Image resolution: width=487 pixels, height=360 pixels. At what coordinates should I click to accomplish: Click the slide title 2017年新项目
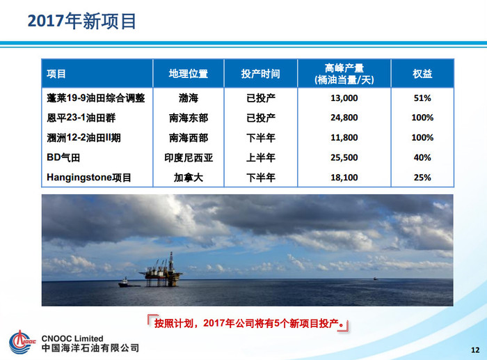point(81,21)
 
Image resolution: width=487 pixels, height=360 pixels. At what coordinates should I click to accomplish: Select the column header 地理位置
point(189,74)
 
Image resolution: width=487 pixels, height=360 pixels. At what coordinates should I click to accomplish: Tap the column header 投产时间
point(261,74)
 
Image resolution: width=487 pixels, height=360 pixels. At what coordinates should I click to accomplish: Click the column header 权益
point(422,74)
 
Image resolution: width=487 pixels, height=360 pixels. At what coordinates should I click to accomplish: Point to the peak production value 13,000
point(344,98)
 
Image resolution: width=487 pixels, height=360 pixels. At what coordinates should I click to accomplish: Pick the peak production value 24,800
point(344,118)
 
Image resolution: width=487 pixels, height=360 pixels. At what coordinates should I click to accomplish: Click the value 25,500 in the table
point(344,157)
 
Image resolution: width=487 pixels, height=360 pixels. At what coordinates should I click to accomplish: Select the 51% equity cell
point(422,98)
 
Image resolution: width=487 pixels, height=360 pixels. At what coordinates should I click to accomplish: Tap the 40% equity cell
point(422,157)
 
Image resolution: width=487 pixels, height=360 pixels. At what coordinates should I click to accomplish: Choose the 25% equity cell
point(422,178)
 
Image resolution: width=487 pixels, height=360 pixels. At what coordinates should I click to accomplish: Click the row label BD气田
point(63,157)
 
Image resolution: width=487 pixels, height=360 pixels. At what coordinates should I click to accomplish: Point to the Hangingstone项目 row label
point(89,178)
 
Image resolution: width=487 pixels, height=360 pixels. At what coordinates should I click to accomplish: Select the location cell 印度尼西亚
point(189,157)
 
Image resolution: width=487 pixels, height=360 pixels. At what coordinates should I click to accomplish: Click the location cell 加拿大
point(189,178)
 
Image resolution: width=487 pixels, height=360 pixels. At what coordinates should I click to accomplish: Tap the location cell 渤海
point(189,98)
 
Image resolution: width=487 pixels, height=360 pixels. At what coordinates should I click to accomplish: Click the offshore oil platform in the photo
point(162,271)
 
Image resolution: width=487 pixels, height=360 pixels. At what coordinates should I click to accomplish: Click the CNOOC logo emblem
point(22,342)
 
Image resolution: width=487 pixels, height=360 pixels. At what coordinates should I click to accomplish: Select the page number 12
point(475,350)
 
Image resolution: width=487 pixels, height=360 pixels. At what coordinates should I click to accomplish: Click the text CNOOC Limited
point(72,338)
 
